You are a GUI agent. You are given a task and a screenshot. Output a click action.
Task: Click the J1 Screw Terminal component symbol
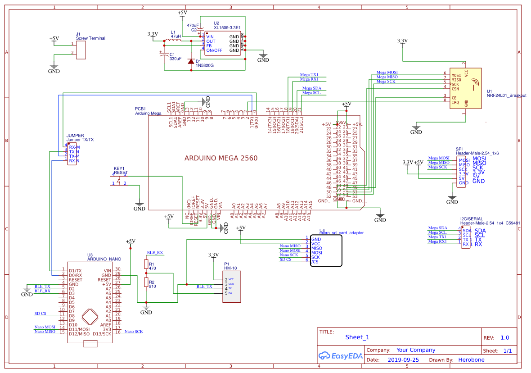[81, 50]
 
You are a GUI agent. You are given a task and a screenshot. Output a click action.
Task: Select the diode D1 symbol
[191, 61]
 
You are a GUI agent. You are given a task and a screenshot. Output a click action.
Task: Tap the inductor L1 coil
[172, 41]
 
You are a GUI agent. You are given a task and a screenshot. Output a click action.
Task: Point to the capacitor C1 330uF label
[175, 59]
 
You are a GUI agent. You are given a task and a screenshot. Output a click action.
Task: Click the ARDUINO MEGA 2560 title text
[221, 159]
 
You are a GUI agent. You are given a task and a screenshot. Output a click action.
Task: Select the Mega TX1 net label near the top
[309, 75]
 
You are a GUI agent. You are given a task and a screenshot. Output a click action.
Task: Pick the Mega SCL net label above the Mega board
[311, 93]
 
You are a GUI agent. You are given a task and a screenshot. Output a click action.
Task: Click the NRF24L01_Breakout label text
[506, 96]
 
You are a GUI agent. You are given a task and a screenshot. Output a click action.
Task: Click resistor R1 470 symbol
[146, 264]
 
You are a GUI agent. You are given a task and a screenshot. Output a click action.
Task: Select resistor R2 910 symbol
[146, 282]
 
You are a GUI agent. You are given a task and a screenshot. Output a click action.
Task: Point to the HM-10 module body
[232, 287]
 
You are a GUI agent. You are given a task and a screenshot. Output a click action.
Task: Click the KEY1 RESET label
[121, 170]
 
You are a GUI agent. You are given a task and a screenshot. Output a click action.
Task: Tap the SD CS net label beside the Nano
[40, 314]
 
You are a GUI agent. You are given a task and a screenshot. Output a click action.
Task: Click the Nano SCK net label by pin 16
[134, 332]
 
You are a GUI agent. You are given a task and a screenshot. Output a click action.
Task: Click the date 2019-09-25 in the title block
[403, 360]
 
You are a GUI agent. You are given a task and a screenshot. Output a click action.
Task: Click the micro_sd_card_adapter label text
[341, 233]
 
